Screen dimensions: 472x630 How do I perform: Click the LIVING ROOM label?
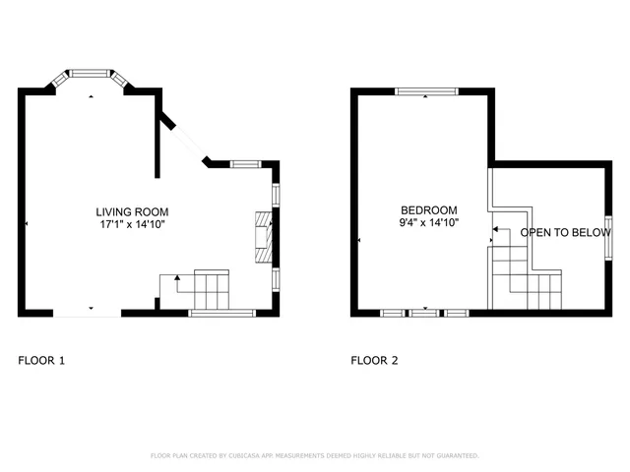[132, 211]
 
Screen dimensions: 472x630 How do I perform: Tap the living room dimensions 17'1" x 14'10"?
[132, 224]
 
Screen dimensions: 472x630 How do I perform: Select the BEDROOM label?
[429, 210]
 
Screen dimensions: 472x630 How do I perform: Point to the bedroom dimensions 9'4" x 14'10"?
[429, 223]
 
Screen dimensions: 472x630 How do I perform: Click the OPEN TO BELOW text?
[561, 233]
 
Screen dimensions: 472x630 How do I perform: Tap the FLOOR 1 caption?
[41, 361]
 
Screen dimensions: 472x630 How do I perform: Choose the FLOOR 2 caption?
[375, 361]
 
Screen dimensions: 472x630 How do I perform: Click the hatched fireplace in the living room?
[263, 237]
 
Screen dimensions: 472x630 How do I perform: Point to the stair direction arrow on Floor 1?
[177, 279]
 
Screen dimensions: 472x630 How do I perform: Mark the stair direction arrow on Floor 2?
[495, 229]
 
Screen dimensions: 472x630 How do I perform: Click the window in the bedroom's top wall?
[426, 92]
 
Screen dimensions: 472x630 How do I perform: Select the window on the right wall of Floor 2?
[608, 235]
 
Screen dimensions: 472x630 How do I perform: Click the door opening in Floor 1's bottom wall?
[88, 314]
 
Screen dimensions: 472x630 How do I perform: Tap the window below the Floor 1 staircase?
[221, 313]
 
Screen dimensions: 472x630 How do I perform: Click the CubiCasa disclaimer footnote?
[315, 455]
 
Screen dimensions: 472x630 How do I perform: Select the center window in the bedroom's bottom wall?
[425, 313]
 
